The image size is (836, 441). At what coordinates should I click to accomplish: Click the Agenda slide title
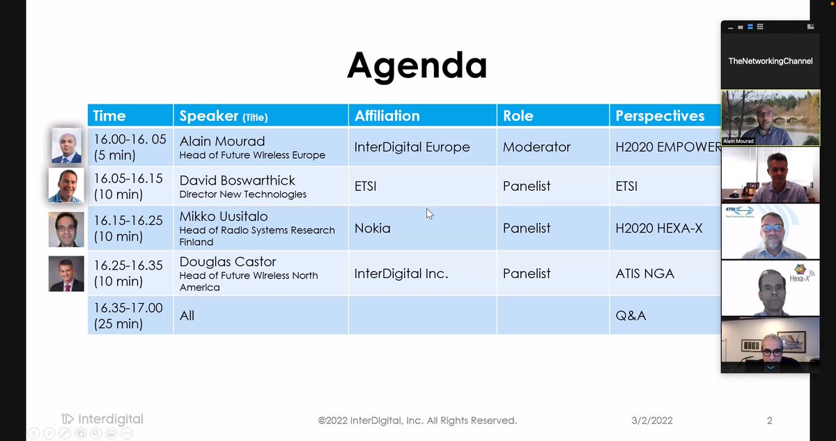tap(417, 65)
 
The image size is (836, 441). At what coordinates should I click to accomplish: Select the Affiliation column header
tap(387, 116)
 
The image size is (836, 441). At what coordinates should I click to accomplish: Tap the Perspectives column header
tap(660, 116)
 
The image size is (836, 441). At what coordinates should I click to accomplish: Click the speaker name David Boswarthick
tap(237, 180)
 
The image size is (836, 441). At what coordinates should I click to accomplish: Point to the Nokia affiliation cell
tap(373, 227)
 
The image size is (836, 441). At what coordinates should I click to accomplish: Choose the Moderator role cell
tap(536, 147)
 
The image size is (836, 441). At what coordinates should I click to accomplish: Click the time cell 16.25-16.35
tap(129, 265)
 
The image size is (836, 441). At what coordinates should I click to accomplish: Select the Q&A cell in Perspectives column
tap(630, 316)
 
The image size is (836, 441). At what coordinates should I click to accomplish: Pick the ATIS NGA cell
tap(645, 273)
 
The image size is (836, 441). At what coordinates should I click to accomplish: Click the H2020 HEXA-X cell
tap(659, 227)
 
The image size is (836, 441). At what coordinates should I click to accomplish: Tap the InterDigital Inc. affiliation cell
tap(401, 273)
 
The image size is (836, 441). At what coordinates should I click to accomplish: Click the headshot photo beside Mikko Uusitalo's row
tap(66, 229)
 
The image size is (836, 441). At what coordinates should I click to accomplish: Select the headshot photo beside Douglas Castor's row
tap(66, 274)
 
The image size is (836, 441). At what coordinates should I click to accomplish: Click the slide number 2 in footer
tap(769, 420)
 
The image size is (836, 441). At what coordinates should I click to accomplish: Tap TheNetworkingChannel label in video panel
tap(770, 61)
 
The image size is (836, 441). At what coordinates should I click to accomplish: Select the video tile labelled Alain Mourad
tap(770, 118)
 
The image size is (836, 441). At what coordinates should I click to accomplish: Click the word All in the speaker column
tap(187, 316)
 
